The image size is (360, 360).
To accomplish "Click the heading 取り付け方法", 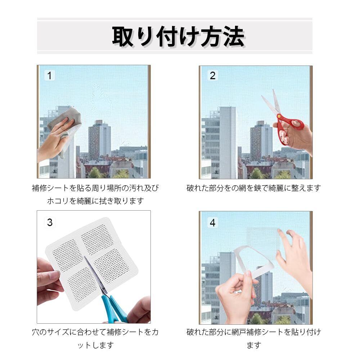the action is pyautogui.click(x=179, y=37).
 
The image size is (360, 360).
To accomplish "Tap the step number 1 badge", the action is pyautogui.click(x=49, y=76).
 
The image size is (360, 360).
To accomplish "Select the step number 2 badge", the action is pyautogui.click(x=213, y=76).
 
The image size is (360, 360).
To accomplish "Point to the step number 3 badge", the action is pyautogui.click(x=50, y=222).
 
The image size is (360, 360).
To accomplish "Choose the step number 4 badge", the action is pyautogui.click(x=213, y=222).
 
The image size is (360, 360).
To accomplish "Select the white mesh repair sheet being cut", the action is pyautogui.click(x=92, y=264).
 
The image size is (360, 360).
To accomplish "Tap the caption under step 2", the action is pyautogui.click(x=254, y=188).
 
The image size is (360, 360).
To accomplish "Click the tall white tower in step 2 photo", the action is pyautogui.click(x=227, y=142).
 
